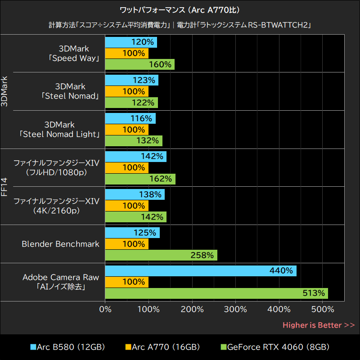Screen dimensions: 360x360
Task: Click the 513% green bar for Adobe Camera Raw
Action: click(x=216, y=293)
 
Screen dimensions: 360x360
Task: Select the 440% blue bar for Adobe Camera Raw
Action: click(x=200, y=271)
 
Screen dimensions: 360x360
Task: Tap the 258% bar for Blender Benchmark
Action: click(x=161, y=255)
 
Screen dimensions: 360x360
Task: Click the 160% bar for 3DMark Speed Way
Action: click(x=139, y=64)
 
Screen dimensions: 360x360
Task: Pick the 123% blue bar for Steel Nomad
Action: click(x=131, y=81)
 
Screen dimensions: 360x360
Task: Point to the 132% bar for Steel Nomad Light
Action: click(x=134, y=140)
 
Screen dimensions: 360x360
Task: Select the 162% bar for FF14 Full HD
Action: click(x=140, y=179)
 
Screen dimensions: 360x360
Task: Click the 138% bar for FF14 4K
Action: click(x=135, y=195)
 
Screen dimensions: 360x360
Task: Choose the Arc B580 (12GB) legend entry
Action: click(x=67, y=347)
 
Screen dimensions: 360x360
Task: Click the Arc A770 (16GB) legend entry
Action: click(x=162, y=347)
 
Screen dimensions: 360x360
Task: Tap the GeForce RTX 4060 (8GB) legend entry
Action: click(x=274, y=347)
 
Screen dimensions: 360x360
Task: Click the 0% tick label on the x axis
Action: click(x=105, y=310)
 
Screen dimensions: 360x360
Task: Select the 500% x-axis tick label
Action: click(x=322, y=310)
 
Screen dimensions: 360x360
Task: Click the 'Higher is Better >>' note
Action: click(x=319, y=325)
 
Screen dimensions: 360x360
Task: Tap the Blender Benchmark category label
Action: click(x=60, y=244)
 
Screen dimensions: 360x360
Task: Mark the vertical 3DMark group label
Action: click(x=5, y=91)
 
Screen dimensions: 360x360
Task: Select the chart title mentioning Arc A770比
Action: click(x=180, y=9)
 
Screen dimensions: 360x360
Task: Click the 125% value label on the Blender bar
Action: click(x=145, y=233)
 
